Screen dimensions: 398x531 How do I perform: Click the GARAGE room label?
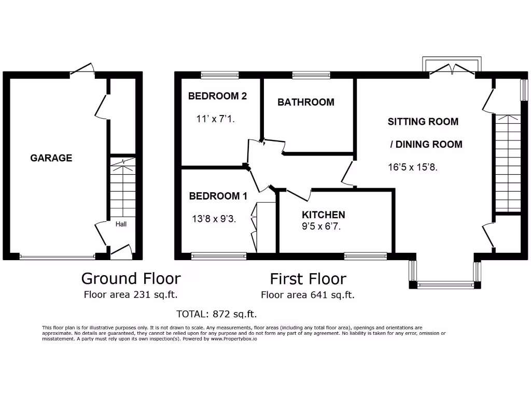[51, 158]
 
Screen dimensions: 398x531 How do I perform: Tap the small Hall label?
[121, 224]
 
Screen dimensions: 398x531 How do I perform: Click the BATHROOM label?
[305, 102]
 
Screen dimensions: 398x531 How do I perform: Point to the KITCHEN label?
[324, 215]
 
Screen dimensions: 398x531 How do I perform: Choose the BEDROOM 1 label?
[218, 196]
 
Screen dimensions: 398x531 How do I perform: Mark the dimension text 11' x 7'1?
[216, 119]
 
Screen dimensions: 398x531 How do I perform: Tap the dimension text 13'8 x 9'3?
[214, 219]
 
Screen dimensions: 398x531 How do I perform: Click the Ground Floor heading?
[131, 278]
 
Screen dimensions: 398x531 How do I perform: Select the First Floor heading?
[308, 279]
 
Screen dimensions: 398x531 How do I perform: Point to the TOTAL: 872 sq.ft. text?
[217, 314]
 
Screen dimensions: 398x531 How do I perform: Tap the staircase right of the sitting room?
[507, 163]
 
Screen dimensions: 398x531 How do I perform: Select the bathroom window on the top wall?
[311, 75]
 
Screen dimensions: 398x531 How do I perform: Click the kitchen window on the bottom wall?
[366, 255]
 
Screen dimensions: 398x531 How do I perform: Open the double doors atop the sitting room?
[452, 69]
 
